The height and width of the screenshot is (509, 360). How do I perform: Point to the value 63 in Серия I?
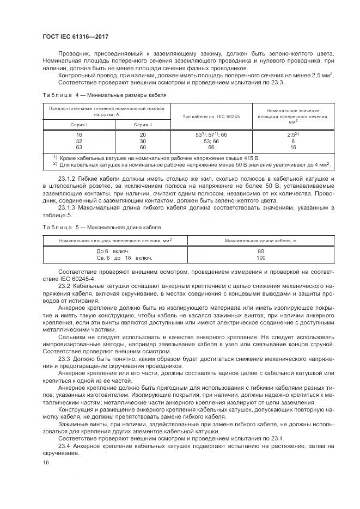[79, 147]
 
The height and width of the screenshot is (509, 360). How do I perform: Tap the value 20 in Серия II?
[143, 134]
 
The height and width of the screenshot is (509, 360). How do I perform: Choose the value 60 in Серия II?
[143, 147]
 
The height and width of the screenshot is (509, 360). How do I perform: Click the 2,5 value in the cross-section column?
[292, 134]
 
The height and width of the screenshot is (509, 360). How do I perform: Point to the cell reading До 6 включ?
[113, 252]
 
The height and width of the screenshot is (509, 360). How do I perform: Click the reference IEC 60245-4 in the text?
[77, 278]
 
